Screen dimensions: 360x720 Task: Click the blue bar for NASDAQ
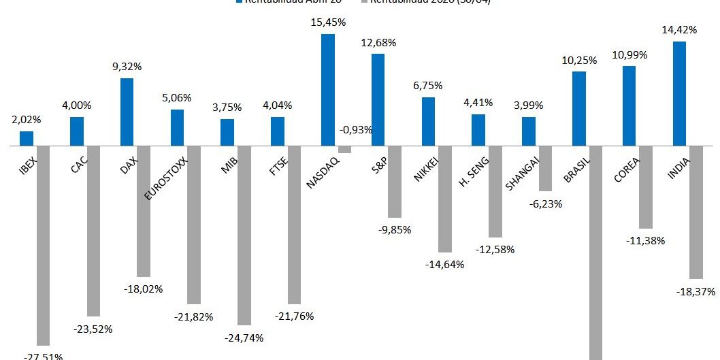[x=327, y=90]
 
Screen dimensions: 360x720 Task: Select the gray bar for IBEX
[x=43, y=246]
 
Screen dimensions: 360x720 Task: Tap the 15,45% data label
[x=328, y=22]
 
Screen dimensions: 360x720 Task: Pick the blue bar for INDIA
[x=678, y=94]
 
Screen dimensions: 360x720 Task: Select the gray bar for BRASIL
[x=595, y=252]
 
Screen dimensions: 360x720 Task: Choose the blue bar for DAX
[x=127, y=112]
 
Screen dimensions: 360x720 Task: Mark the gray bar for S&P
[x=394, y=182]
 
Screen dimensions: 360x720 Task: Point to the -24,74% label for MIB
[x=244, y=338]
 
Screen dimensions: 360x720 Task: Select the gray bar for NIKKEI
[x=444, y=199]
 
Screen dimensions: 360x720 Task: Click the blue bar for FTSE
[x=277, y=131]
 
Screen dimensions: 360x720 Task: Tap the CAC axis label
[x=78, y=165]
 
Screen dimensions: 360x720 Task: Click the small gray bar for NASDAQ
[x=344, y=150]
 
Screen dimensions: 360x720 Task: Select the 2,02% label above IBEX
[x=26, y=120]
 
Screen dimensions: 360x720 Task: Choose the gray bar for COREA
[x=645, y=187]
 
